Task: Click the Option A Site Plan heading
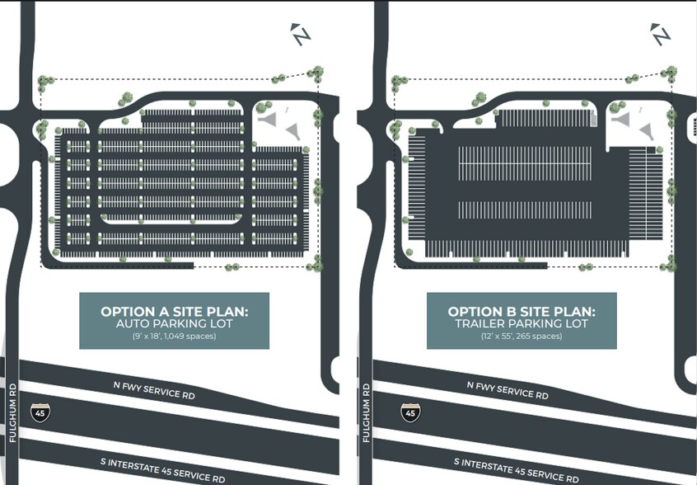(x=174, y=312)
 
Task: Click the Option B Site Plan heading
(x=522, y=312)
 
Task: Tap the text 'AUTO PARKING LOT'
(x=174, y=324)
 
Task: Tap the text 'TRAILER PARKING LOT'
(x=522, y=324)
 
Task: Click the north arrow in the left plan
(x=301, y=35)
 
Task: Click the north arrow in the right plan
(x=661, y=35)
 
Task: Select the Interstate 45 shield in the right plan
(x=409, y=412)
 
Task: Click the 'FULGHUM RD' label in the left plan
(x=12, y=412)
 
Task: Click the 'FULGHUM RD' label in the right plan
(x=367, y=412)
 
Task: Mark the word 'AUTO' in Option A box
(x=134, y=324)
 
